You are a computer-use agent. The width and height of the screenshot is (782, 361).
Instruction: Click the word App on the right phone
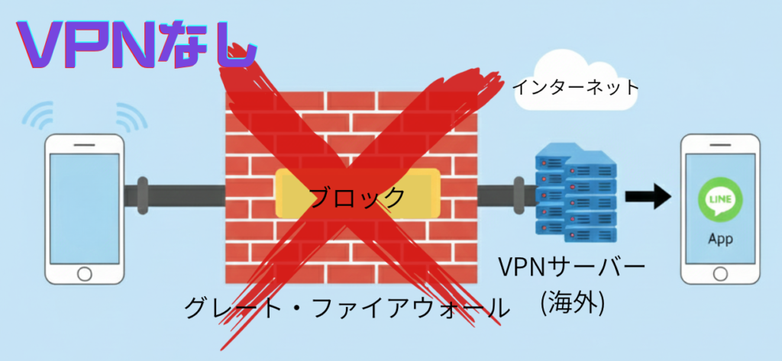[x=720, y=240]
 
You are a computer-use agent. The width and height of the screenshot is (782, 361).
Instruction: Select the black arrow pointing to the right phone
[x=648, y=197]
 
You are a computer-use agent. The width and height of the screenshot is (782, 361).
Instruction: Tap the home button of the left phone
[x=84, y=272]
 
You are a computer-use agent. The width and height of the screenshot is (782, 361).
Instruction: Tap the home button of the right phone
[x=720, y=272]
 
